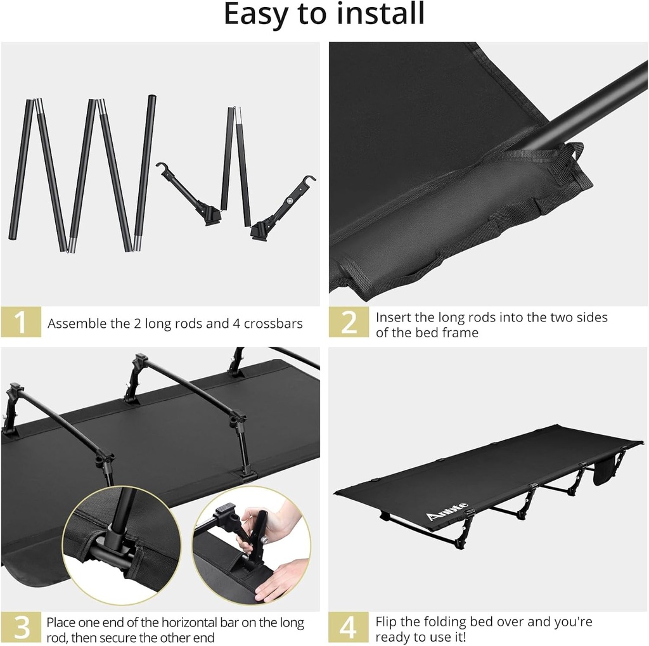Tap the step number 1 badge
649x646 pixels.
click(21, 323)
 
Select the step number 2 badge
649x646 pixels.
click(349, 323)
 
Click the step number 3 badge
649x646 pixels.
click(21, 628)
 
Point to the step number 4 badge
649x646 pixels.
click(349, 628)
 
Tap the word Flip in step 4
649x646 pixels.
click(387, 622)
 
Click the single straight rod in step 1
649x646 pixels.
click(145, 172)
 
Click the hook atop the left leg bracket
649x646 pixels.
click(160, 167)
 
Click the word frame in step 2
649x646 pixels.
click(461, 332)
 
